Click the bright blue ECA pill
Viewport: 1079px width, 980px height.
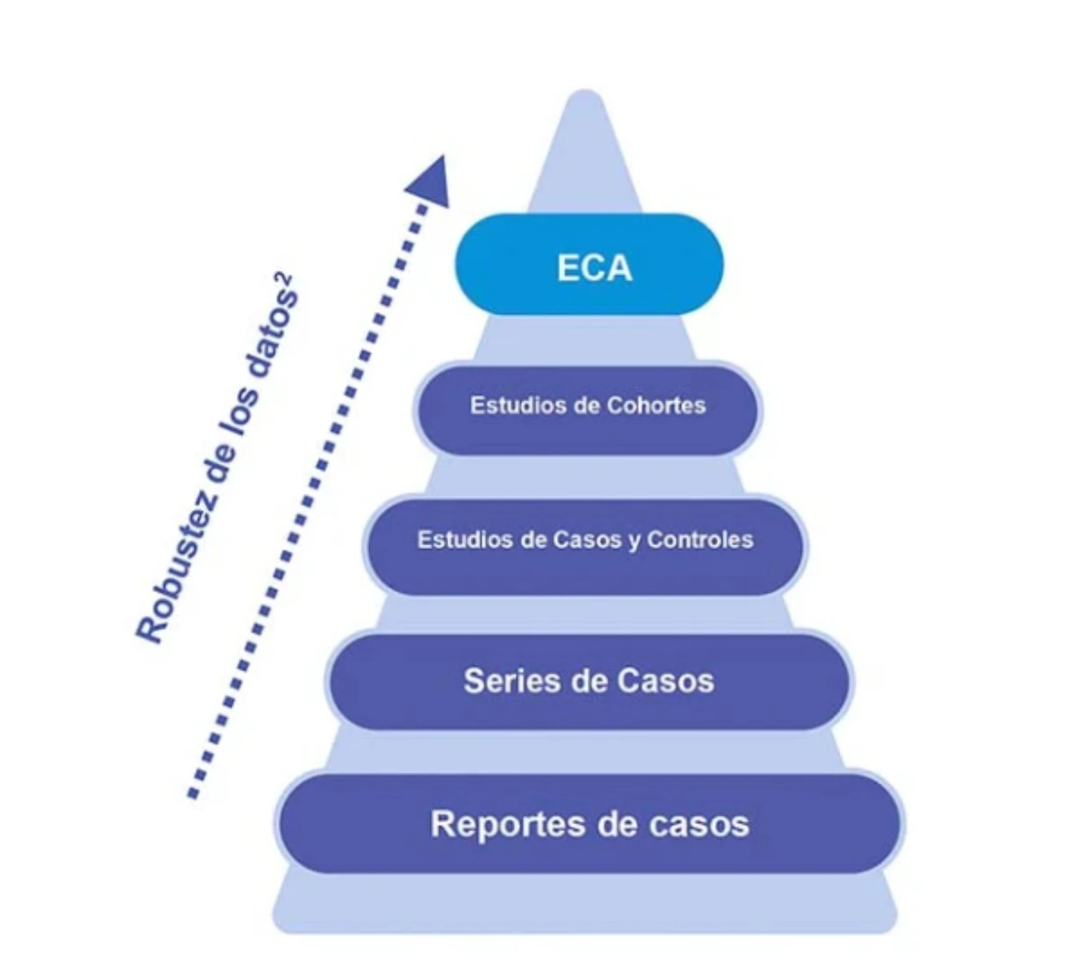point(588,264)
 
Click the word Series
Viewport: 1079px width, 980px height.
point(511,681)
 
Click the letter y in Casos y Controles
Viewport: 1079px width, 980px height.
point(634,541)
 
